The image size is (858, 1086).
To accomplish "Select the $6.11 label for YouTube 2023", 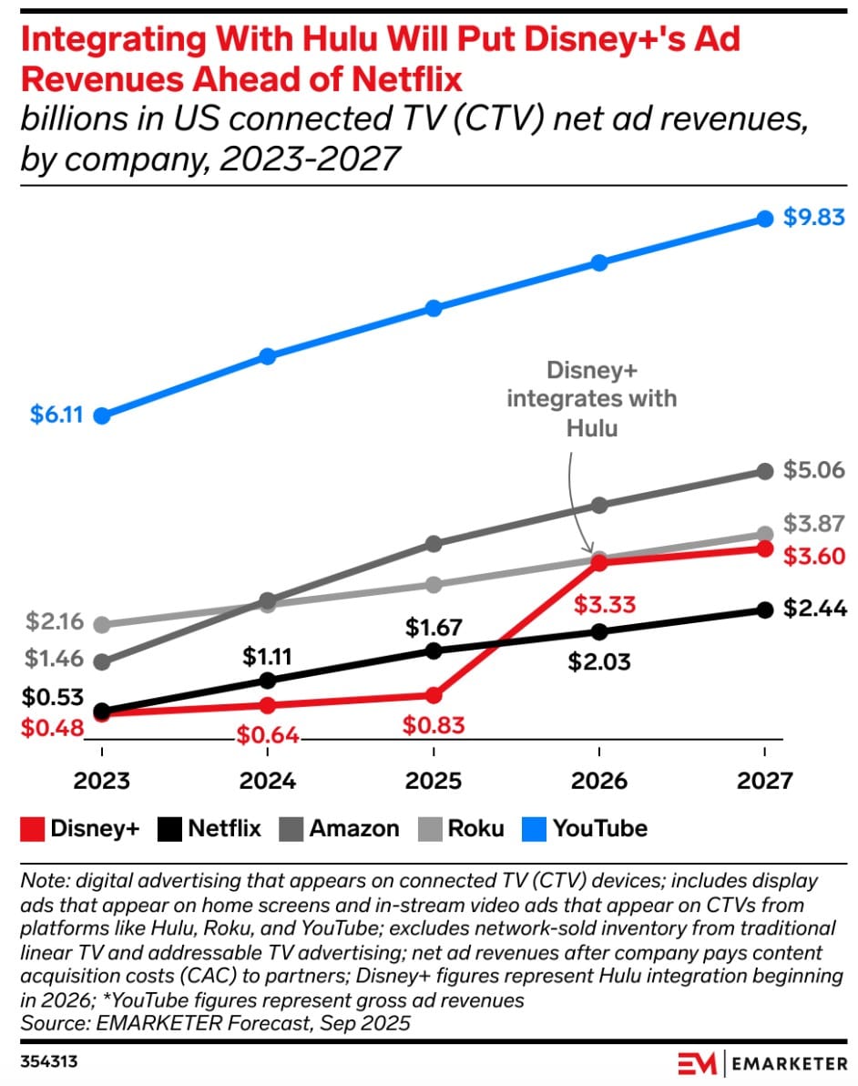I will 56,415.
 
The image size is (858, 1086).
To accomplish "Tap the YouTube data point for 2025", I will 434,308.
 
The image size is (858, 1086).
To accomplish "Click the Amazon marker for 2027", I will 765,471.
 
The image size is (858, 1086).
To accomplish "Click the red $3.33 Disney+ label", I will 604,604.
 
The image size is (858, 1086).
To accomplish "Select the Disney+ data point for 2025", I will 434,695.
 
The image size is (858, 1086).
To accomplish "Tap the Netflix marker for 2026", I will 599,631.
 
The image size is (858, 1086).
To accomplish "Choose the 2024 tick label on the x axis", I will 268,782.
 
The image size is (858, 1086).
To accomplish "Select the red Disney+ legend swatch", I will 32,829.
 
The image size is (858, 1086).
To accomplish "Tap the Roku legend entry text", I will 475,829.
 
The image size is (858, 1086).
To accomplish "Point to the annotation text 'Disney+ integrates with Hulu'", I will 592,399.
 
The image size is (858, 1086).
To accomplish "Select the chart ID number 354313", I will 46,1062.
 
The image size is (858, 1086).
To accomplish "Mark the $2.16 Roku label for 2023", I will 56,623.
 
